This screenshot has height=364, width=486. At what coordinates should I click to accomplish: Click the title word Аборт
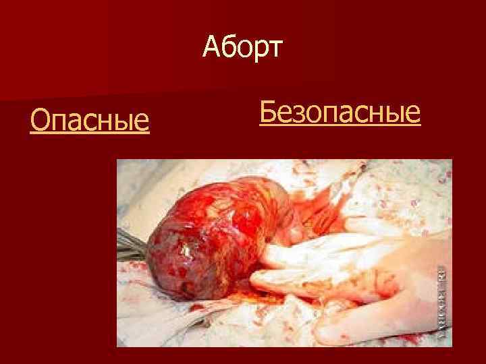tap(244, 49)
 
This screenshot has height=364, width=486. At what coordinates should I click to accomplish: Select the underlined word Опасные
tap(90, 121)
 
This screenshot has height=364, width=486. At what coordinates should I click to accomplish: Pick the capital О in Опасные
tap(40, 121)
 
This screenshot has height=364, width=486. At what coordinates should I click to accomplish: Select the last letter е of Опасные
tap(141, 123)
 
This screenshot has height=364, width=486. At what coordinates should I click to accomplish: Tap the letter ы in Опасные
tap(124, 123)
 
